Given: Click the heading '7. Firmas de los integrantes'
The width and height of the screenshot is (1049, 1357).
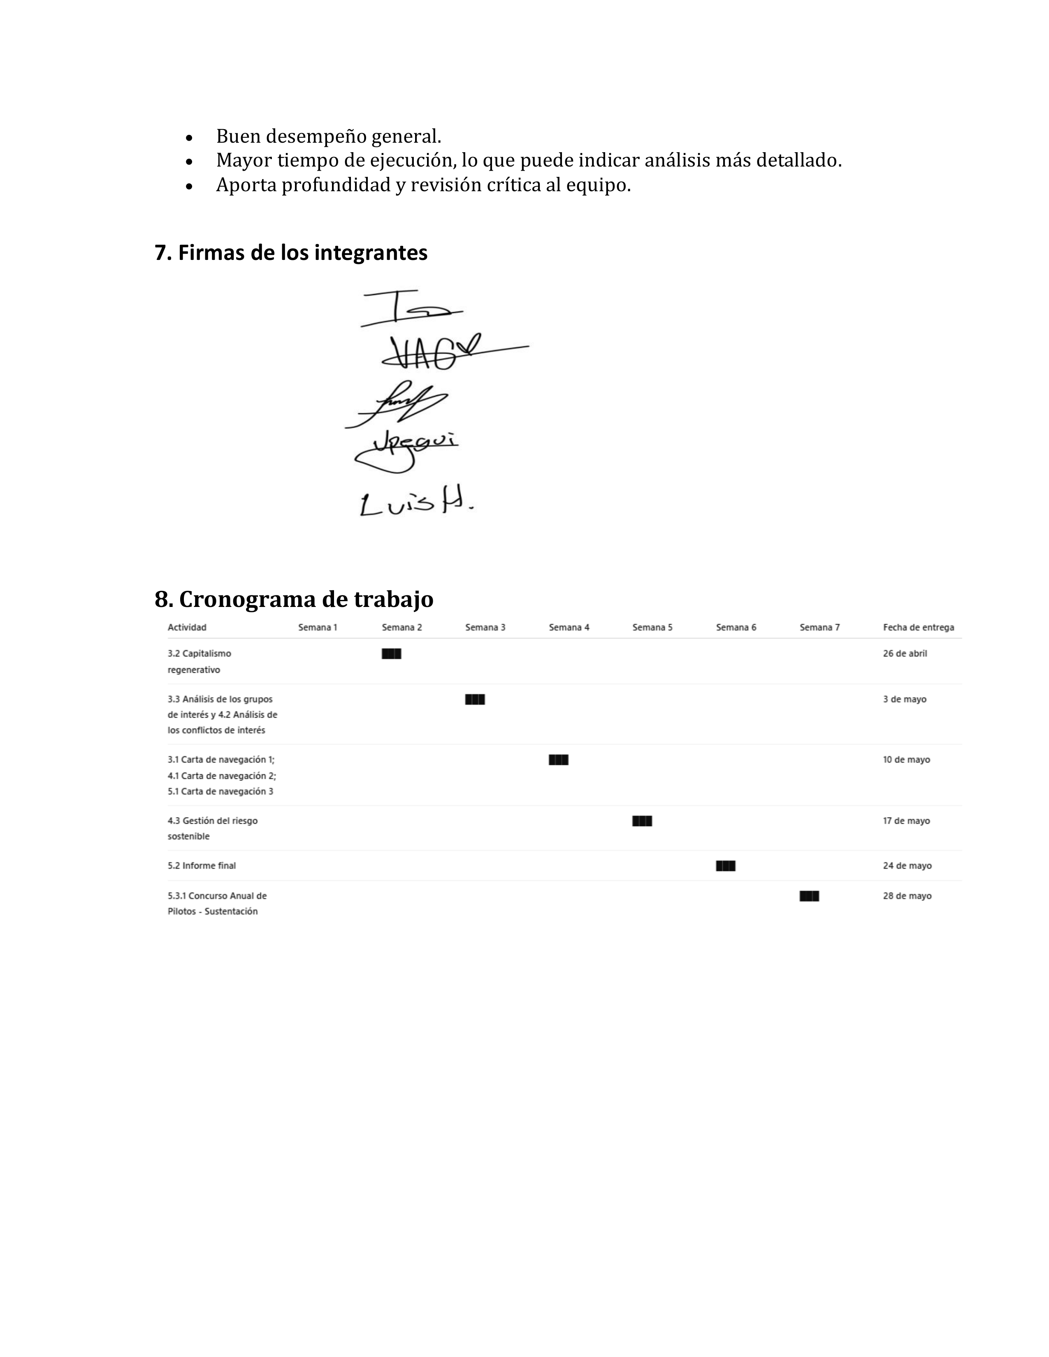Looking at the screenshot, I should (x=291, y=253).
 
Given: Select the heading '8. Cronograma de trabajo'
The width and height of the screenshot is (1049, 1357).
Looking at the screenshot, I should (x=294, y=599).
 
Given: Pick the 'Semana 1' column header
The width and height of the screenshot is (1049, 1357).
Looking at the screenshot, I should (x=318, y=628).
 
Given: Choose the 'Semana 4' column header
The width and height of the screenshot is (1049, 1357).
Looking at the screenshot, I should (x=569, y=628).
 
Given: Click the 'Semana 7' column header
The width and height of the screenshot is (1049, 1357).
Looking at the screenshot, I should (x=819, y=628).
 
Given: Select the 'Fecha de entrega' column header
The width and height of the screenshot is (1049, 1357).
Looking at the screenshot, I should (x=918, y=628).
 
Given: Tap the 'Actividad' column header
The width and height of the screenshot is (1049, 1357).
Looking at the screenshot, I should (x=187, y=628).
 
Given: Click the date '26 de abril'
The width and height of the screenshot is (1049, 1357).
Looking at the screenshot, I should (x=905, y=654).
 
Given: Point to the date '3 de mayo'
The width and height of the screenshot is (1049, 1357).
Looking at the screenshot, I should (x=904, y=699).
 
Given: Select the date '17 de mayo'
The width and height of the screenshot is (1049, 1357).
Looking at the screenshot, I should (x=906, y=821).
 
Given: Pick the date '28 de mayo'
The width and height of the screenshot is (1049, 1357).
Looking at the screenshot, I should (x=907, y=896).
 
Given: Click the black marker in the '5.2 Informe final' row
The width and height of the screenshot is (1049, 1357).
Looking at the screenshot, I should (x=725, y=866).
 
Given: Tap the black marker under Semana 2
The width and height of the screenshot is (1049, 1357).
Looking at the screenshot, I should (x=392, y=654).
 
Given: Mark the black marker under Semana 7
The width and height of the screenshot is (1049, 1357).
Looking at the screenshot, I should (x=809, y=896).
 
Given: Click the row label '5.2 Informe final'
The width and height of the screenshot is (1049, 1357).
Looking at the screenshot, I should (x=201, y=866).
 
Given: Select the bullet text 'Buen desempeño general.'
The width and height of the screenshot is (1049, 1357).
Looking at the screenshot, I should (x=328, y=136).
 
